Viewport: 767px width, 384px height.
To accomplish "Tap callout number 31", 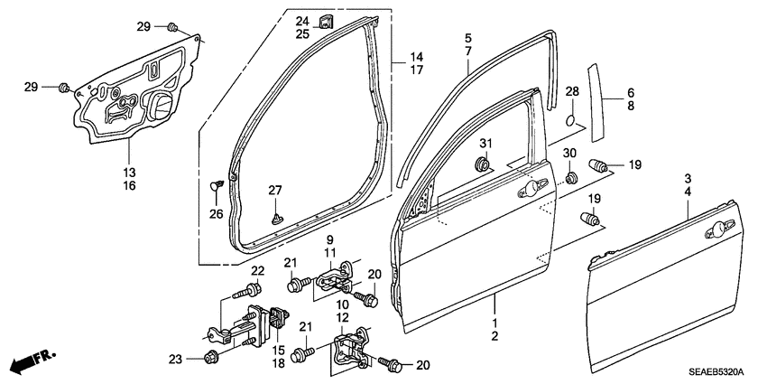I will click(x=485, y=144).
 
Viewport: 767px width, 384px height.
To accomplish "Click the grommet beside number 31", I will click(x=483, y=164).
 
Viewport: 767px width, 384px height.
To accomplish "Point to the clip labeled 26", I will click(x=216, y=184).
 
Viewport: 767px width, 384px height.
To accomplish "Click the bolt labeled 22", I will click(x=249, y=291).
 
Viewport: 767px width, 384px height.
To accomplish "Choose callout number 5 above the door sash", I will click(x=467, y=38).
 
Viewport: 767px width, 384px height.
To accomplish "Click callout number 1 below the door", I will click(x=494, y=323).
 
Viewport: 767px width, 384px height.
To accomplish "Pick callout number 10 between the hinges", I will click(x=343, y=304).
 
